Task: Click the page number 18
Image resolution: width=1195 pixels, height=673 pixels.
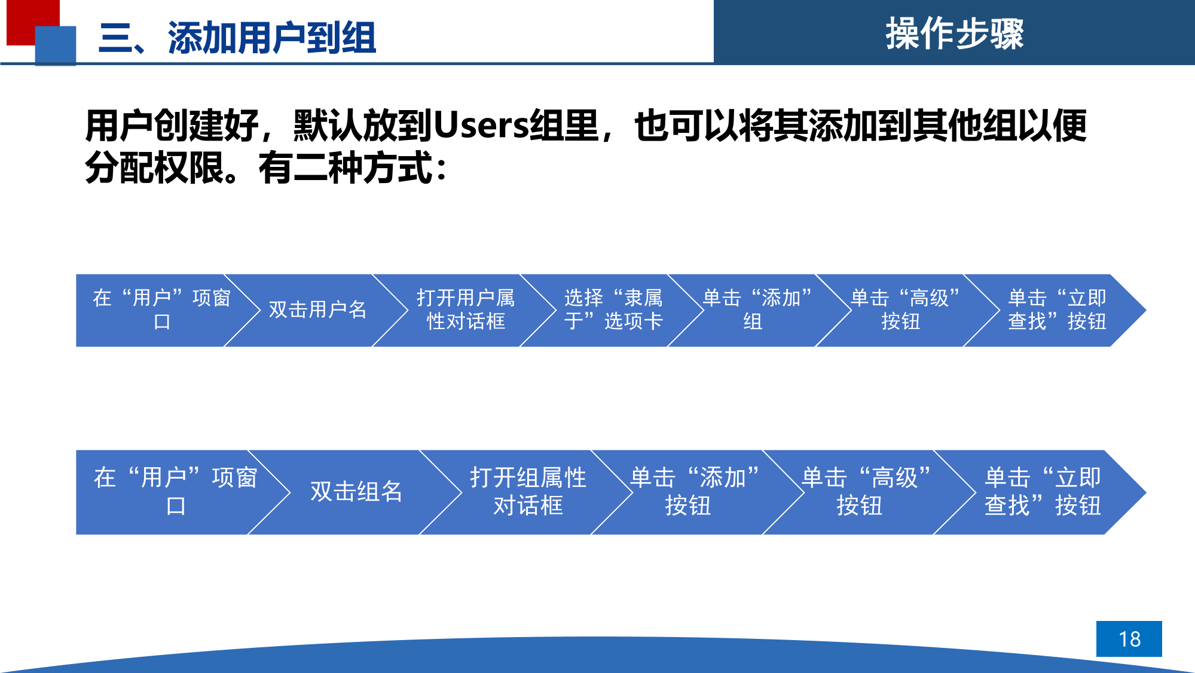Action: [1129, 639]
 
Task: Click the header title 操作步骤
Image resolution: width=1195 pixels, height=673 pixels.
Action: [955, 34]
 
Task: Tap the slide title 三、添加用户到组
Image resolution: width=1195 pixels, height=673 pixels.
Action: [237, 38]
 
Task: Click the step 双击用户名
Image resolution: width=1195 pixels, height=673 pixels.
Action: [317, 310]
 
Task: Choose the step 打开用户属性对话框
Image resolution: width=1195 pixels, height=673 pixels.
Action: [466, 310]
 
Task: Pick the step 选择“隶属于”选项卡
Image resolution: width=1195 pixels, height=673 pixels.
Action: [613, 310]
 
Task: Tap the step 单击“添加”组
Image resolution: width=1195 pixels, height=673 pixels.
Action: [757, 310]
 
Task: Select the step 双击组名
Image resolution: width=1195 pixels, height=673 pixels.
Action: [356, 492]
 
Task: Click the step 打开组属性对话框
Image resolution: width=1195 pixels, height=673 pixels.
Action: [528, 492]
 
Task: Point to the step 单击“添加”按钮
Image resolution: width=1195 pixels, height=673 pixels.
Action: [695, 492]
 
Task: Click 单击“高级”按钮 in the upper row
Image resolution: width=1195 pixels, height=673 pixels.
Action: [905, 310]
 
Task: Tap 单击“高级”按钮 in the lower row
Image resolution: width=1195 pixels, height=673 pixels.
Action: [866, 492]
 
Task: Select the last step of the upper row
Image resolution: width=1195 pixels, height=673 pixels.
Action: [1057, 310]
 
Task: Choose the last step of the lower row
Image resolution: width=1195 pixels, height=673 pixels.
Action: [1043, 492]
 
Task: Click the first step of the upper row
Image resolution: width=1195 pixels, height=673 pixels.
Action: [161, 310]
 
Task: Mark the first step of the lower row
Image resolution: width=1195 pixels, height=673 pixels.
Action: [175, 492]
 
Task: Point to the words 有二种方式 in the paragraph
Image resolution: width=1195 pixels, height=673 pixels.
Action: [345, 168]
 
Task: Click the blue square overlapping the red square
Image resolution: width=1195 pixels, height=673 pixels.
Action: [56, 45]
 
